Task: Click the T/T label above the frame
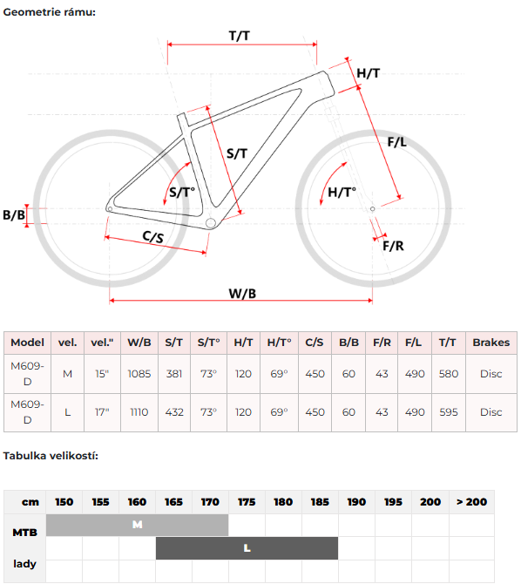pyautogui.click(x=239, y=36)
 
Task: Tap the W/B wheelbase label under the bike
pyautogui.click(x=242, y=294)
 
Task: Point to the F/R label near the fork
pyautogui.click(x=393, y=246)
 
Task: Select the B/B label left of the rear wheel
pyautogui.click(x=14, y=215)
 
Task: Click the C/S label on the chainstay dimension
pyautogui.click(x=153, y=236)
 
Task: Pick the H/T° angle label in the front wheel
pyautogui.click(x=342, y=192)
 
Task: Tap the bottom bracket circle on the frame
pyautogui.click(x=211, y=223)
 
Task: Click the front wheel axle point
pyautogui.click(x=372, y=209)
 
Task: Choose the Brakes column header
pyautogui.click(x=491, y=343)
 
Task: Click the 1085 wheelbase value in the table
pyautogui.click(x=139, y=374)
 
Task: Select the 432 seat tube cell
pyautogui.click(x=174, y=412)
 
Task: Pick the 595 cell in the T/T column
pyautogui.click(x=449, y=412)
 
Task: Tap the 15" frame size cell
pyautogui.click(x=102, y=374)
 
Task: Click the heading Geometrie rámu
pyautogui.click(x=49, y=12)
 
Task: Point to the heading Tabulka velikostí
pyautogui.click(x=51, y=456)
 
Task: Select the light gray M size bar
pyautogui.click(x=137, y=525)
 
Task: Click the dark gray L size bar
pyautogui.click(x=247, y=548)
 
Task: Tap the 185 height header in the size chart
pyautogui.click(x=320, y=502)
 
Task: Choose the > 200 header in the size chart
pyautogui.click(x=472, y=502)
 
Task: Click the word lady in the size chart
pyautogui.click(x=25, y=564)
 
